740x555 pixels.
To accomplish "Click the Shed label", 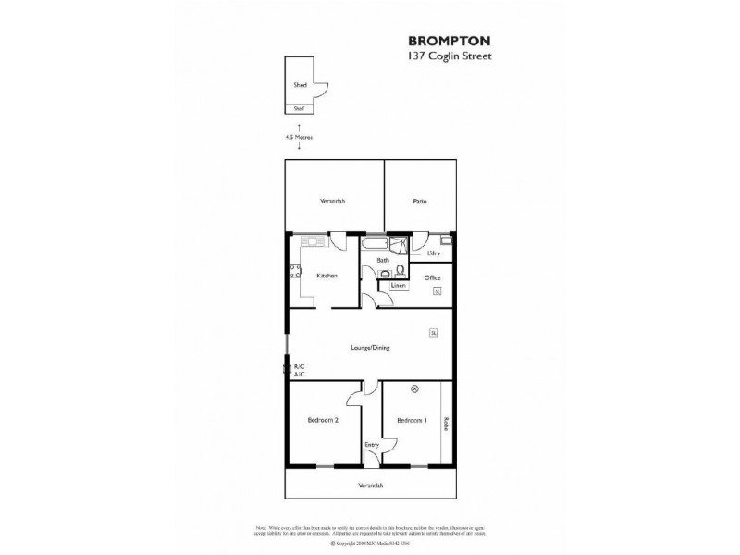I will pyautogui.click(x=300, y=84).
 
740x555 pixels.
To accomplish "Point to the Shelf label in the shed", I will pyautogui.click(x=299, y=108).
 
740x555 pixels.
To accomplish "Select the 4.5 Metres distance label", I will pyautogui.click(x=299, y=137).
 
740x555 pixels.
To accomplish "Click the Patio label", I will pyautogui.click(x=419, y=200).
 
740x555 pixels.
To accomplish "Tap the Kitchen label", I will pyautogui.click(x=327, y=276).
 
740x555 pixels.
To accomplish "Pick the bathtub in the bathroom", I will pyautogui.click(x=372, y=244).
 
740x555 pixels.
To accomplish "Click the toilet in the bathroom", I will pyautogui.click(x=401, y=270).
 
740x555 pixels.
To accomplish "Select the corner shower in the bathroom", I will pyautogui.click(x=398, y=245).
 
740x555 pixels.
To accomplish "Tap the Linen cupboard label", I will pyautogui.click(x=398, y=286).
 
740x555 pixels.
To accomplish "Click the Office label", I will pyautogui.click(x=432, y=277).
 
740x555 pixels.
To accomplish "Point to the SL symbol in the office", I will pyautogui.click(x=437, y=291).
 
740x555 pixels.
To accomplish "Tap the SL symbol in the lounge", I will pyautogui.click(x=432, y=332).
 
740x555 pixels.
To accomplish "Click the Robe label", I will pyautogui.click(x=446, y=422).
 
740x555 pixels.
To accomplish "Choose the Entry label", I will pyautogui.click(x=371, y=444).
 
